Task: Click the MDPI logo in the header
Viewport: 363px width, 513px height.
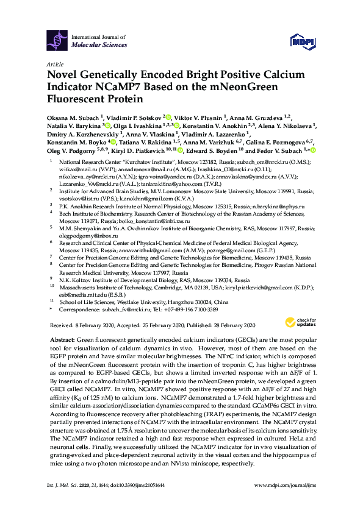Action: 300,41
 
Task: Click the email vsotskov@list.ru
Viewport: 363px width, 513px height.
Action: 87,198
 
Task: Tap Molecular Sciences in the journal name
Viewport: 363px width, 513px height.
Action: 99,45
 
